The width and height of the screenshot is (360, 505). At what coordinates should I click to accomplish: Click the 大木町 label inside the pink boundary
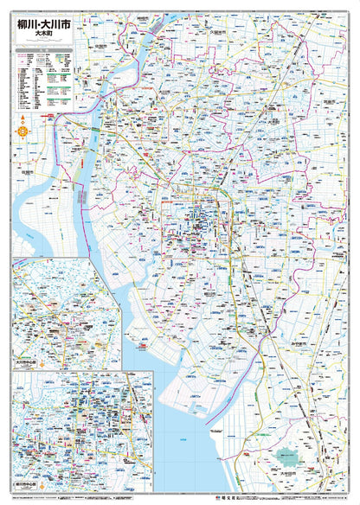coord(275,133)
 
